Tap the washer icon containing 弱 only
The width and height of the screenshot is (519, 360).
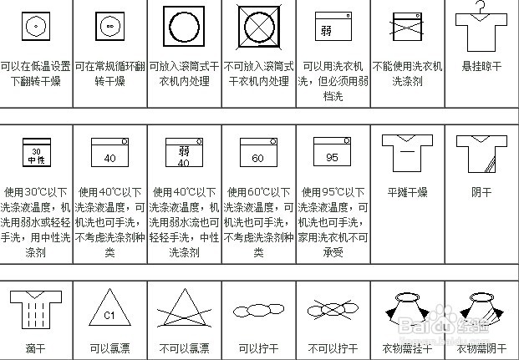coord(331,27)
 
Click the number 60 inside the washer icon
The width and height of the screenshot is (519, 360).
coord(257,158)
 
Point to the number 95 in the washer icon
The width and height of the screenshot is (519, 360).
coord(330,158)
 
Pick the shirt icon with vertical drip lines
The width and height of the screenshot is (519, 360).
coord(34,308)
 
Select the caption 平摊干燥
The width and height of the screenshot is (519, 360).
coord(407,193)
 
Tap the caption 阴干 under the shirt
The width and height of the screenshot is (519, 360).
coord(481,193)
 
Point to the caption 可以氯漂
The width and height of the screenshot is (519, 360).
coord(109,348)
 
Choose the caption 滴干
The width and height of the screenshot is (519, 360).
coord(34,348)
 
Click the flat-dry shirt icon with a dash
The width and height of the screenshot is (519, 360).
coord(405,152)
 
